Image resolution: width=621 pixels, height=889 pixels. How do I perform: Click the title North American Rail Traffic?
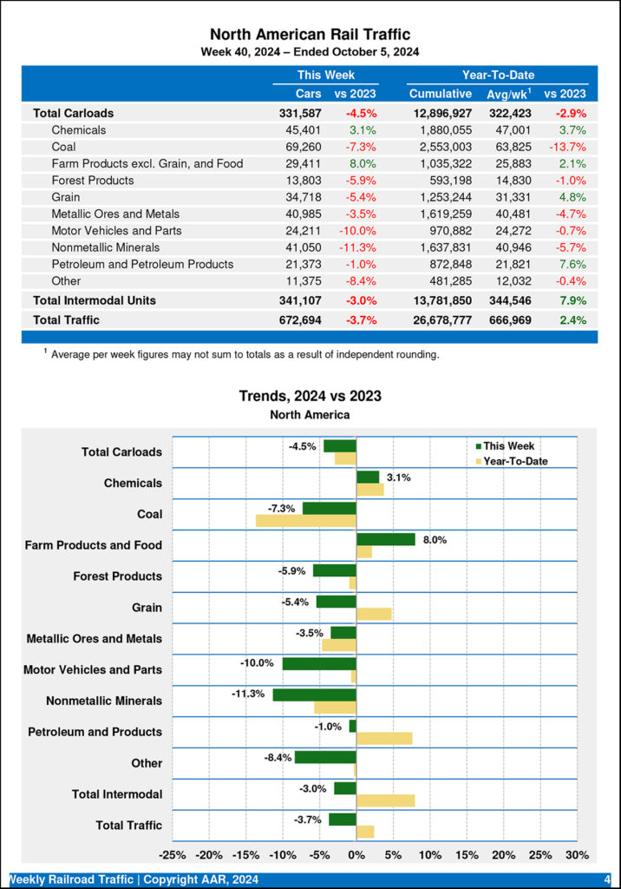310,34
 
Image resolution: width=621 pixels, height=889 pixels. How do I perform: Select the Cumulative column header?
440,94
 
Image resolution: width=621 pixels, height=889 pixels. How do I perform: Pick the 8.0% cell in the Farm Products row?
362,163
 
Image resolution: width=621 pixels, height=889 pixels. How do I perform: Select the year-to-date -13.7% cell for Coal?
567,147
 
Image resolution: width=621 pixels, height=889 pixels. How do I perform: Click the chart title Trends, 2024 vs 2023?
310,396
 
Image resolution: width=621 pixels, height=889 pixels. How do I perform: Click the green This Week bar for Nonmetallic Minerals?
314,695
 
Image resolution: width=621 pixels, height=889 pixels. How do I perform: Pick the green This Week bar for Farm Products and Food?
386,539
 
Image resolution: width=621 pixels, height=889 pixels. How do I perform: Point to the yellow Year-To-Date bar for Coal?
305,520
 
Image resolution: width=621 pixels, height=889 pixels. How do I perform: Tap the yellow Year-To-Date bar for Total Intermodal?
385,800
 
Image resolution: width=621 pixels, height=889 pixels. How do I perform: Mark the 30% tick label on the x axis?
577,854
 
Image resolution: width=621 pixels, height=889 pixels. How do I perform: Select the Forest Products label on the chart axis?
117,576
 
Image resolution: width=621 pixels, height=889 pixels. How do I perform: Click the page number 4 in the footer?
607,879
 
